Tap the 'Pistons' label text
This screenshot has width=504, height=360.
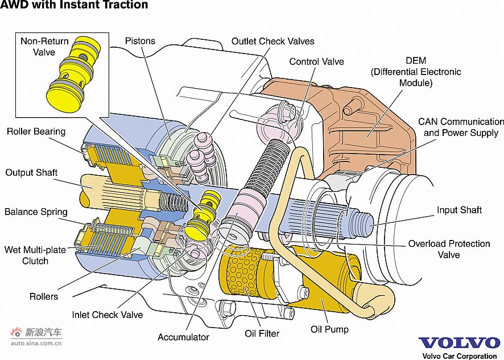(x=140, y=42)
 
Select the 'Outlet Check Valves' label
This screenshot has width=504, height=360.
(x=272, y=42)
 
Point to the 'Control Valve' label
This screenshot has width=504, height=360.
(x=316, y=61)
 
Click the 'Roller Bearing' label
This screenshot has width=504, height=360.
(x=36, y=131)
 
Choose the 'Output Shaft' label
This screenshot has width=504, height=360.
(x=31, y=172)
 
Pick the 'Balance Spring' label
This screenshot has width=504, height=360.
(x=36, y=212)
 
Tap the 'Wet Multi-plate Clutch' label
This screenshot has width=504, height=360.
(x=35, y=255)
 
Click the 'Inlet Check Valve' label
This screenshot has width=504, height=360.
(x=107, y=315)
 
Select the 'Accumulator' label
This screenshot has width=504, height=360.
(x=183, y=337)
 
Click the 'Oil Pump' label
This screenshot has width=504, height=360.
(x=329, y=329)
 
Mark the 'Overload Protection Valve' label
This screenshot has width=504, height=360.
(x=448, y=249)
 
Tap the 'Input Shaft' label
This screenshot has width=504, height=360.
(x=459, y=210)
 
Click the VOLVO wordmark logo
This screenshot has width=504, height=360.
(x=459, y=343)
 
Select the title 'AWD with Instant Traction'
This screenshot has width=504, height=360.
(x=74, y=6)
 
